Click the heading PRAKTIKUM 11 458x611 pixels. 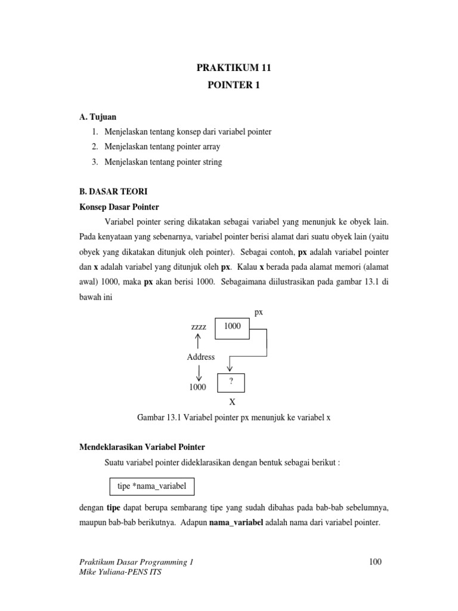point(229,69)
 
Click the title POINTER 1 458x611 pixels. point(229,85)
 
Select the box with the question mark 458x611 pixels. point(230,382)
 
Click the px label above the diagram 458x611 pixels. point(259,312)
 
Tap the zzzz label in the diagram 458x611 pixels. point(199,328)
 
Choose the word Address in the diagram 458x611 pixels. point(200,357)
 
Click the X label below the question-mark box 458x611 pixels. point(233,403)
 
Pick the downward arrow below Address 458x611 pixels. point(199,373)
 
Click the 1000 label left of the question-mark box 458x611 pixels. point(197,387)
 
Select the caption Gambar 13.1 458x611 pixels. point(233,418)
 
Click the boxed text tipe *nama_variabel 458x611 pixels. point(152,486)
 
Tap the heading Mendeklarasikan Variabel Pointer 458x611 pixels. point(142,447)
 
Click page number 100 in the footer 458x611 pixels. point(375,561)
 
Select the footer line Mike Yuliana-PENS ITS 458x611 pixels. point(120,572)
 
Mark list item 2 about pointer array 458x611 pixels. point(156,146)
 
